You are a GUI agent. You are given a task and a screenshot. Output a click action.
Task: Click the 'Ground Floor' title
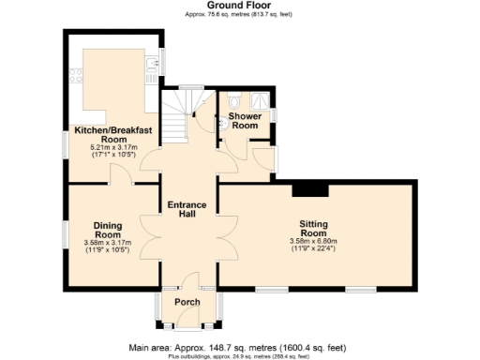coord(240,6)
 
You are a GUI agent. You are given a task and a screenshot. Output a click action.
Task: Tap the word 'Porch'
coord(187,302)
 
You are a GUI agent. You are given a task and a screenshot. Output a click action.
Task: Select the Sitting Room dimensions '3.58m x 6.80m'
coord(313,242)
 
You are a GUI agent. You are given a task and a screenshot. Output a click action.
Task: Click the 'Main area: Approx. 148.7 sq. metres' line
coord(240,347)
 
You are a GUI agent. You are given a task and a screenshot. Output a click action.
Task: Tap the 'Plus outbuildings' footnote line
coord(240,356)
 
